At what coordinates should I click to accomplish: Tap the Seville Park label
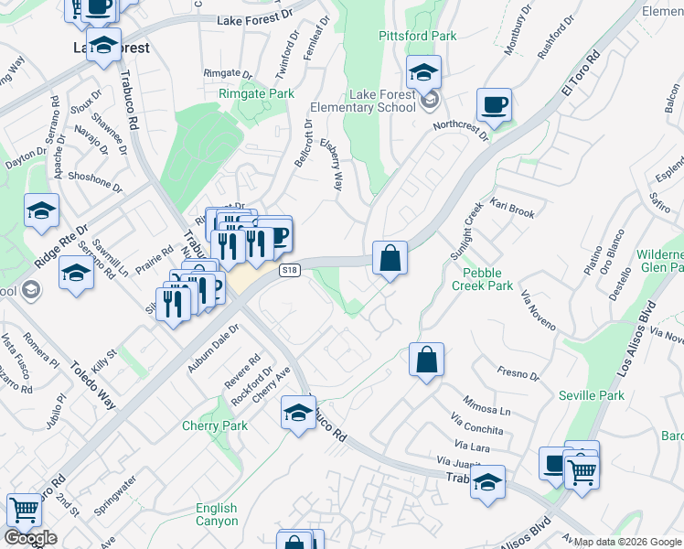592,395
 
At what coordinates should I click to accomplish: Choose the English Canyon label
216,514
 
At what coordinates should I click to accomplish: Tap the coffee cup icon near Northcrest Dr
494,105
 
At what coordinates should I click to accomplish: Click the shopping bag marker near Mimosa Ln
427,359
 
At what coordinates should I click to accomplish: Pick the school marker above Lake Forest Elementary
423,72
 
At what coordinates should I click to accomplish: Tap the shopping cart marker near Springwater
24,511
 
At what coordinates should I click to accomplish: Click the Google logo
30,538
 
